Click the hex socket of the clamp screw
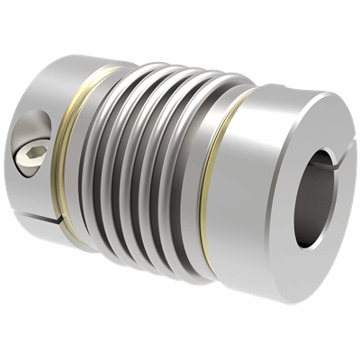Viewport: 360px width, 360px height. point(31,157)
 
